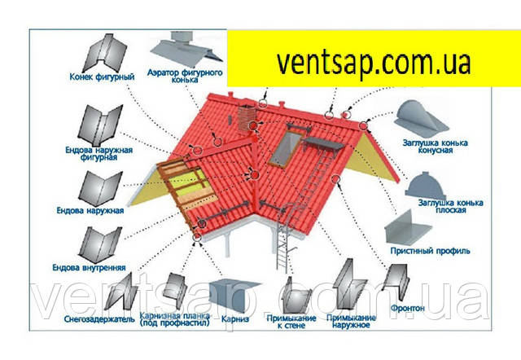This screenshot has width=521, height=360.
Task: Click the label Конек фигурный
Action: click(x=94, y=78)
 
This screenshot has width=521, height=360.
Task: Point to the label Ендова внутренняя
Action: click(x=89, y=266)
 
